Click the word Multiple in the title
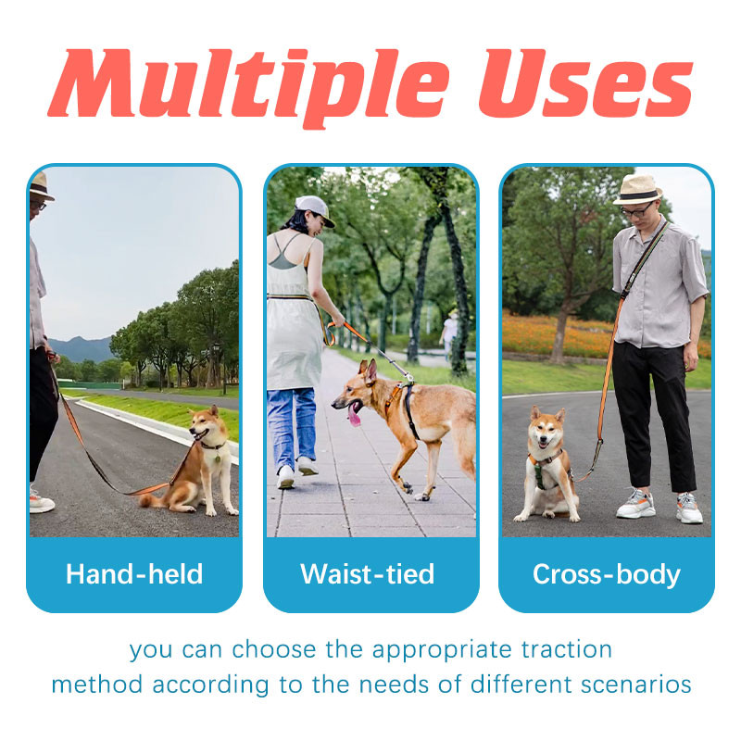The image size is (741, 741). (x=249, y=85)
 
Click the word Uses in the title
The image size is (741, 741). (x=585, y=83)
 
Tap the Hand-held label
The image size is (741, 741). (x=134, y=573)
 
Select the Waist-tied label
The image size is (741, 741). (x=367, y=573)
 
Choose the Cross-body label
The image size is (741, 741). (x=607, y=574)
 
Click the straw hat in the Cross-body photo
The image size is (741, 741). (x=637, y=190)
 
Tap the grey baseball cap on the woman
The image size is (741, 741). (x=314, y=209)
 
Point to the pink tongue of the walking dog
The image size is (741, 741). (x=354, y=415)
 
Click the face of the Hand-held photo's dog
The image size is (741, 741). (x=202, y=426)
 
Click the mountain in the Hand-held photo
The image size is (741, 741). (x=82, y=349)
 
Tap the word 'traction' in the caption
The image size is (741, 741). (x=566, y=649)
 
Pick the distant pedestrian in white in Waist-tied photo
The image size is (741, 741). (x=448, y=333)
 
